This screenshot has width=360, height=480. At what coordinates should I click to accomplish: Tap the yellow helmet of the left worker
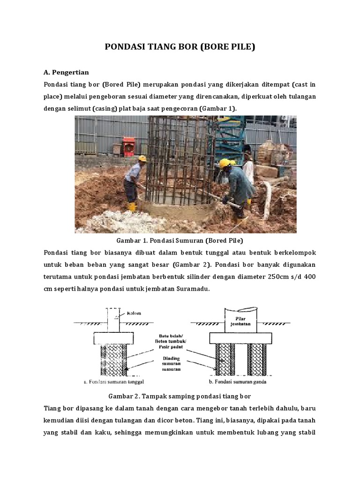tap(142, 158)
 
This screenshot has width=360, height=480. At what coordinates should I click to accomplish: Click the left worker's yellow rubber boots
tap(133, 206)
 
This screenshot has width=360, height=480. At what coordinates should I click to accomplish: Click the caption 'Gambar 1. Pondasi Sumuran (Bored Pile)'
tap(185, 241)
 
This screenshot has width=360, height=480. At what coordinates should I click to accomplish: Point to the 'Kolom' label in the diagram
tap(134, 313)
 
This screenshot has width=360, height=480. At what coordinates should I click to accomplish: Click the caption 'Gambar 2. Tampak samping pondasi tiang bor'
tap(180, 395)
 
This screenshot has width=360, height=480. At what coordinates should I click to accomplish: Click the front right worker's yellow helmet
tap(225, 163)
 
